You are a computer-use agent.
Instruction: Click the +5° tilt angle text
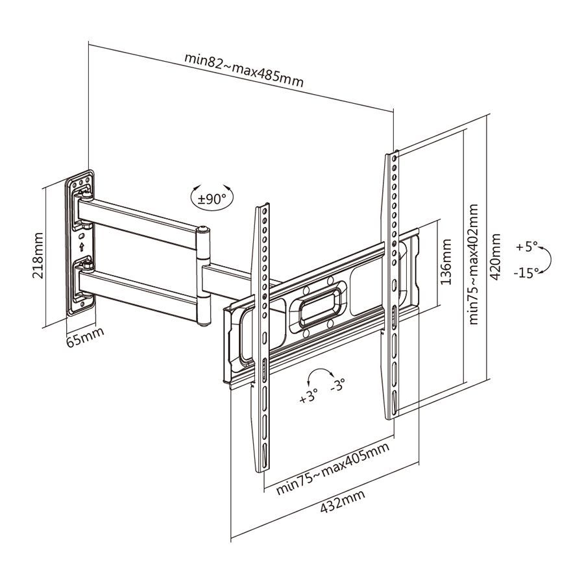pos(527,247)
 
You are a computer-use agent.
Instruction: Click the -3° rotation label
pos(337,385)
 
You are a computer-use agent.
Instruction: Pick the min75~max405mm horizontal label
pos(333,469)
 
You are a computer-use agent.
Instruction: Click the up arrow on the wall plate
pos(81,247)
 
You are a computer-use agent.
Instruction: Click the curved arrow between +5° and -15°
pos(547,260)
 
